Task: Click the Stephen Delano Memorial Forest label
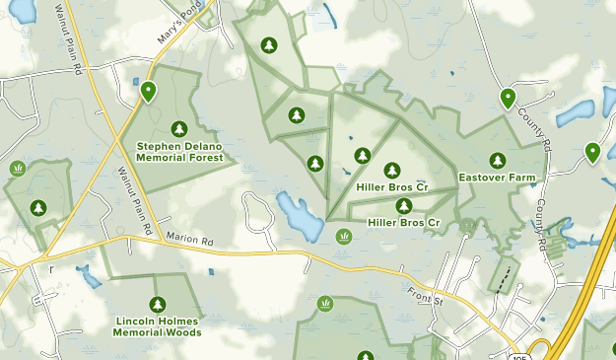(x=179, y=152)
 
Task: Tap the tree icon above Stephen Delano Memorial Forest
(x=178, y=129)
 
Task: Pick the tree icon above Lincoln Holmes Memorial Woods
(x=157, y=304)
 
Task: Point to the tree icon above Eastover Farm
(x=497, y=160)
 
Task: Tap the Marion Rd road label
(x=189, y=239)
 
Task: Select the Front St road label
(x=427, y=297)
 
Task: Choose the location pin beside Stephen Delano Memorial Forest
(x=148, y=92)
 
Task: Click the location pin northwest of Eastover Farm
(x=507, y=98)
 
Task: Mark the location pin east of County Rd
(x=592, y=152)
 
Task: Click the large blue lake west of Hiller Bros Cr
(x=300, y=217)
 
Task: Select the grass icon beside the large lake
(x=344, y=236)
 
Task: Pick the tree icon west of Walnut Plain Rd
(x=38, y=208)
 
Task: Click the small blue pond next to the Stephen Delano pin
(x=136, y=82)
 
